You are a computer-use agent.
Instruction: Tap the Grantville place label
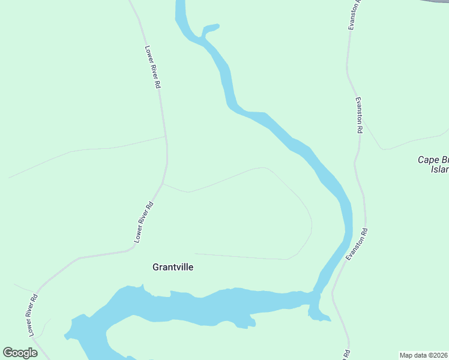173,267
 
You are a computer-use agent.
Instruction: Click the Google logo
20,353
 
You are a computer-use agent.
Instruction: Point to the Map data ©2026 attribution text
424,355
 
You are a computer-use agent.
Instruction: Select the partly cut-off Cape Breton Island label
433,164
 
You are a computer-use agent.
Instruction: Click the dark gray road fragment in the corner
436,2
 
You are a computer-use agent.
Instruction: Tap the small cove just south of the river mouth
316,314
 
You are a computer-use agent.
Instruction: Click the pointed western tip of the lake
67,334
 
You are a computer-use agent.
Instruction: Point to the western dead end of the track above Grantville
196,254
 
